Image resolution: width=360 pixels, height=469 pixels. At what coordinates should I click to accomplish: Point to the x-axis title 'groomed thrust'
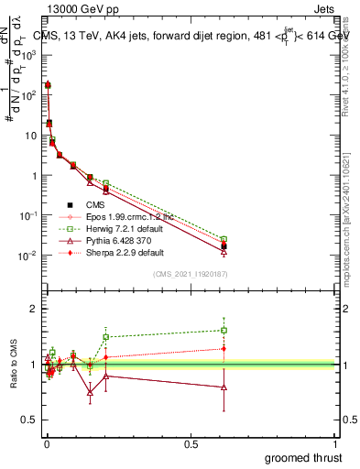[305, 456]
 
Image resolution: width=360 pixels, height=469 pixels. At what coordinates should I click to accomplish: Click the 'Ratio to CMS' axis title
[12, 363]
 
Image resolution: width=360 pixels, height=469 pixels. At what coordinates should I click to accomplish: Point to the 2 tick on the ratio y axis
[33, 310]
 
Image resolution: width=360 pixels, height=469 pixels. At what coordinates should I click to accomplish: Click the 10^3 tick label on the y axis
[29, 54]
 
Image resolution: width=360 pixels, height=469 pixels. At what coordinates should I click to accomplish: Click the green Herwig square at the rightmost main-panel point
[224, 239]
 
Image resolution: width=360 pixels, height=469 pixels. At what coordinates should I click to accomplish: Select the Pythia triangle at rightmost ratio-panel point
[224, 387]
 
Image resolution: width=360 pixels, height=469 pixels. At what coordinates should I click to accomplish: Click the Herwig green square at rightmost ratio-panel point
[224, 330]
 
